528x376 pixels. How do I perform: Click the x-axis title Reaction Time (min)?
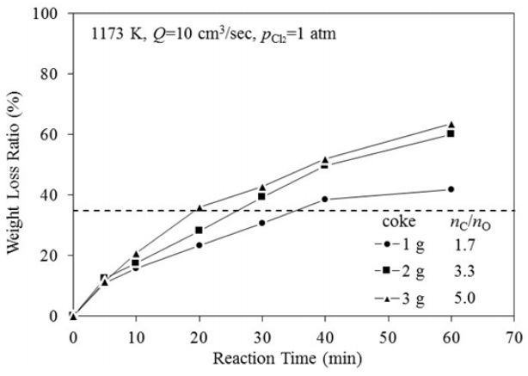[293, 354]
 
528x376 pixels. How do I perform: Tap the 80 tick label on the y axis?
[52, 74]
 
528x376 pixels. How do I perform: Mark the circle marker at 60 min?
[451, 189]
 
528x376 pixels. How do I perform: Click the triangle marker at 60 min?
[451, 125]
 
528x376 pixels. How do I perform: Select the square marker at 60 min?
[451, 133]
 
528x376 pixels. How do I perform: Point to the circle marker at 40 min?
[325, 199]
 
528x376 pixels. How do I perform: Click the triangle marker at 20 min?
[200, 207]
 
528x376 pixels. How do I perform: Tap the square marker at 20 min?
[200, 230]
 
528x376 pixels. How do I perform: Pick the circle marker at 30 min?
[262, 223]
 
